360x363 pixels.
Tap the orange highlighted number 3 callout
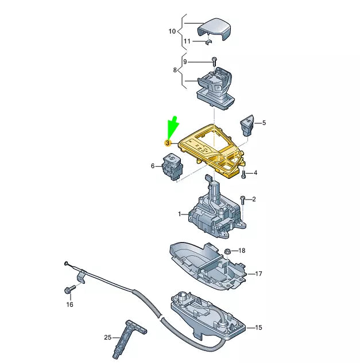[x=168, y=142]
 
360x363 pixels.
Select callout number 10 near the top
[x=172, y=32]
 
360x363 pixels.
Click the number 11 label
[x=187, y=42]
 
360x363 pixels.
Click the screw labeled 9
[x=214, y=61]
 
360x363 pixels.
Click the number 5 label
[x=265, y=123]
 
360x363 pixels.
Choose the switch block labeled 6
[x=172, y=167]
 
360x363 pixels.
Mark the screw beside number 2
[x=243, y=200]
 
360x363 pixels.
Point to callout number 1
[x=179, y=214]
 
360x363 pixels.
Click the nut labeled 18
[x=227, y=251]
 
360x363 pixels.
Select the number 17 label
[x=258, y=274]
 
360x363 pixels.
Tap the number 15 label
[x=258, y=327]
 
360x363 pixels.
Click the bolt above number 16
[x=69, y=290]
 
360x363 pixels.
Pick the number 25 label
[x=108, y=338]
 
